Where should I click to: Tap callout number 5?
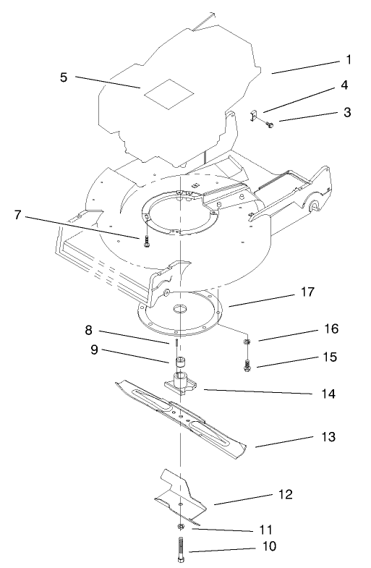tap(64, 77)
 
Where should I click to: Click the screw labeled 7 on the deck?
tap(145, 242)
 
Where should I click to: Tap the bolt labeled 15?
tap(249, 365)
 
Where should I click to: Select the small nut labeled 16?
tap(247, 341)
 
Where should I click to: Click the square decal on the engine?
tap(169, 92)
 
